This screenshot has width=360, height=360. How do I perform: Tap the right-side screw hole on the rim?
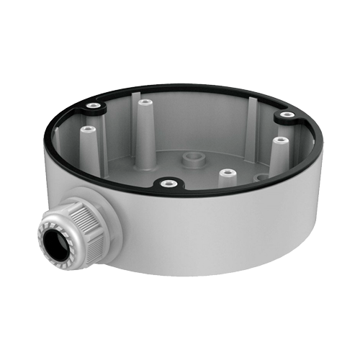click(287, 114)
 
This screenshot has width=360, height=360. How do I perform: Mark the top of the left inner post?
click(88, 130)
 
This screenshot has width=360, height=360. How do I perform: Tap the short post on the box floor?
click(226, 174)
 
